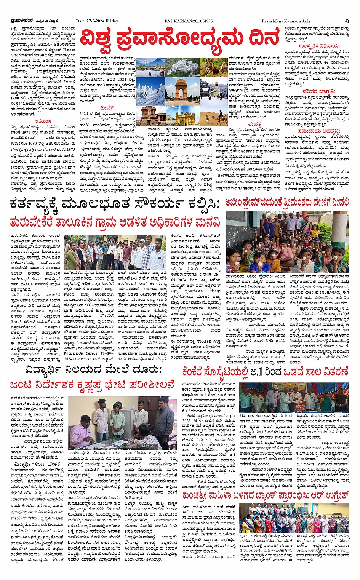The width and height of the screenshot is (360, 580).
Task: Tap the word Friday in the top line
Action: point(112,21)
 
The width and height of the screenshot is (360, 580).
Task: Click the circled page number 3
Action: point(347,21)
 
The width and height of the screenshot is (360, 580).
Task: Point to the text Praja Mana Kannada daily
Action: point(286,21)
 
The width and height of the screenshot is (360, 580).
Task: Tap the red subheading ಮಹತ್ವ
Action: point(254,124)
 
